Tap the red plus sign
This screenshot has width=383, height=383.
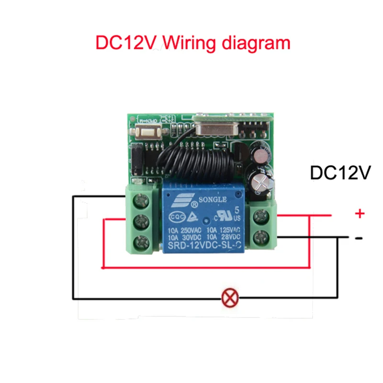[360, 214]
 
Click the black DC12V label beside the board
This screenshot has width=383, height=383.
[341, 173]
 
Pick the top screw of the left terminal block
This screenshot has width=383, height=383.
[141, 199]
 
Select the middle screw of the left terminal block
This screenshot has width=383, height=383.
[141, 220]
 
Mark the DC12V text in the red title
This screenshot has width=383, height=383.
[126, 43]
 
